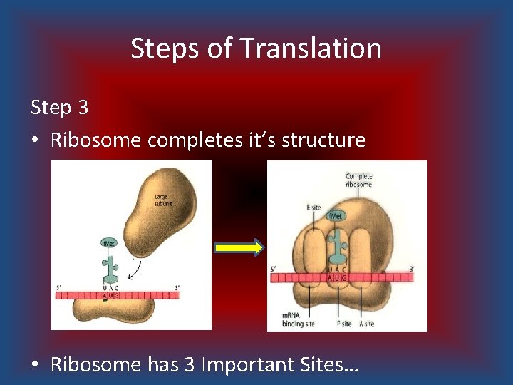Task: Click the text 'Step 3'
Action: pos(59,108)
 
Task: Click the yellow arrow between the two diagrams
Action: pos(239,247)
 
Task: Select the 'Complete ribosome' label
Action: pos(359,180)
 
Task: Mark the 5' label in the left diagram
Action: pos(59,287)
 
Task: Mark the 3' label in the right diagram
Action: pos(412,269)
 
